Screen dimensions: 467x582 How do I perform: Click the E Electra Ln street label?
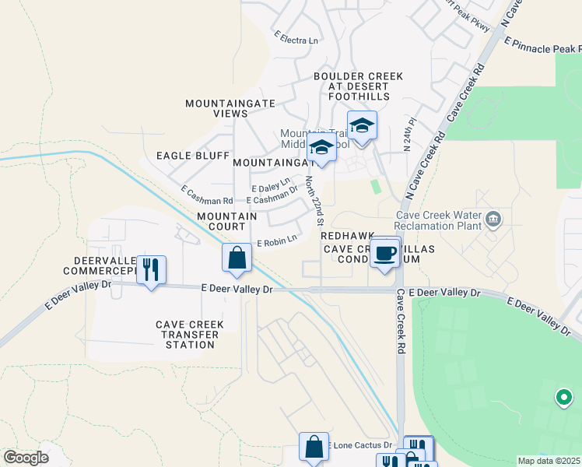click(296, 37)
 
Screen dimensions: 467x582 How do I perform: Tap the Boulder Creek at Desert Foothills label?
click(358, 86)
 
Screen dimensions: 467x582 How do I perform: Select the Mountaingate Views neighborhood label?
click(216, 107)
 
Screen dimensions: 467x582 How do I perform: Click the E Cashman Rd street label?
click(206, 195)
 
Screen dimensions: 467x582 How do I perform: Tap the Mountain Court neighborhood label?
click(226, 221)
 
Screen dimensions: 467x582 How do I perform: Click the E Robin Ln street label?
click(277, 241)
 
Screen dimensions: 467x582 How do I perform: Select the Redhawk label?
click(347, 235)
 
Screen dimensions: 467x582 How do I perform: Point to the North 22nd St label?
click(314, 201)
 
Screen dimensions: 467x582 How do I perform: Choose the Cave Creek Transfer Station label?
click(190, 329)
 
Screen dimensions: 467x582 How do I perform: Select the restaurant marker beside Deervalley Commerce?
click(151, 269)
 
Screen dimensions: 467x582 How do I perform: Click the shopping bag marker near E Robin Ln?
click(237, 258)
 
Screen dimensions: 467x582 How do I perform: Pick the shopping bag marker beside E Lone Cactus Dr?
click(314, 448)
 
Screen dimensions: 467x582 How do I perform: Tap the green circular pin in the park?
click(563, 398)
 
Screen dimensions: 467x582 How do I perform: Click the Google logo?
click(26, 457)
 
